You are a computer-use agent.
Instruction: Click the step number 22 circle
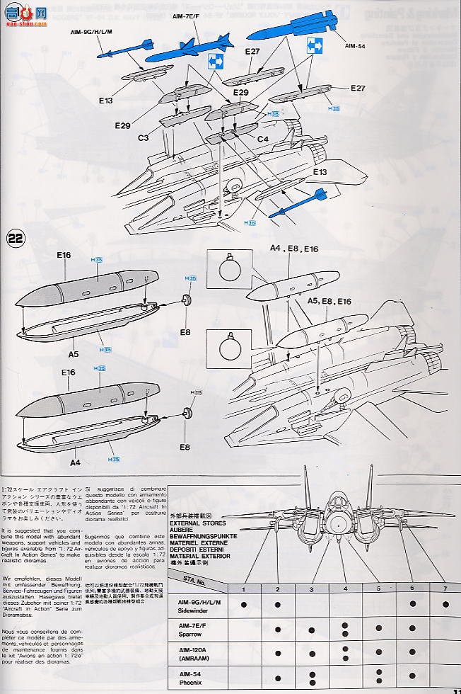point(16,238)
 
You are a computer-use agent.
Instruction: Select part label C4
point(262,139)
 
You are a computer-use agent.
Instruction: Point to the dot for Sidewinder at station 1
point(243,604)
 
